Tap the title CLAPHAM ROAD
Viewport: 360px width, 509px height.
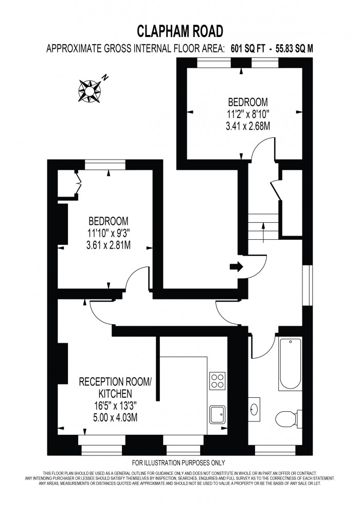(x=180, y=31)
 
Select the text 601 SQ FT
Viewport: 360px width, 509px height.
(x=248, y=49)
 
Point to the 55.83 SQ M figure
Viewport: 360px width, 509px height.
(x=294, y=49)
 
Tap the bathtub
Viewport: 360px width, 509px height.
(x=290, y=363)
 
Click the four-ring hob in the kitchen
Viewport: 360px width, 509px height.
(x=218, y=381)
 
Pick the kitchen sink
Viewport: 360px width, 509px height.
(x=218, y=414)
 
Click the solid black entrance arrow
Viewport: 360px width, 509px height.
(x=236, y=267)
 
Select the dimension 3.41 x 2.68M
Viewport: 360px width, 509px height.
(x=248, y=126)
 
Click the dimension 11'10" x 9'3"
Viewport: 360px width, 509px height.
(x=109, y=233)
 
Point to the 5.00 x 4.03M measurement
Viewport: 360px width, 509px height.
(x=115, y=417)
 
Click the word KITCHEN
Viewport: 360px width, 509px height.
(x=116, y=394)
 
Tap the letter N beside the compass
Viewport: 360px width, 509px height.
(x=104, y=78)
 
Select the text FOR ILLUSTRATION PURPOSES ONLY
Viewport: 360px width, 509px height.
(x=178, y=463)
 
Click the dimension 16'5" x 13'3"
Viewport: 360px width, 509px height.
(x=115, y=406)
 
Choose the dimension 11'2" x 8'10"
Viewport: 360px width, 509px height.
(x=248, y=114)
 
